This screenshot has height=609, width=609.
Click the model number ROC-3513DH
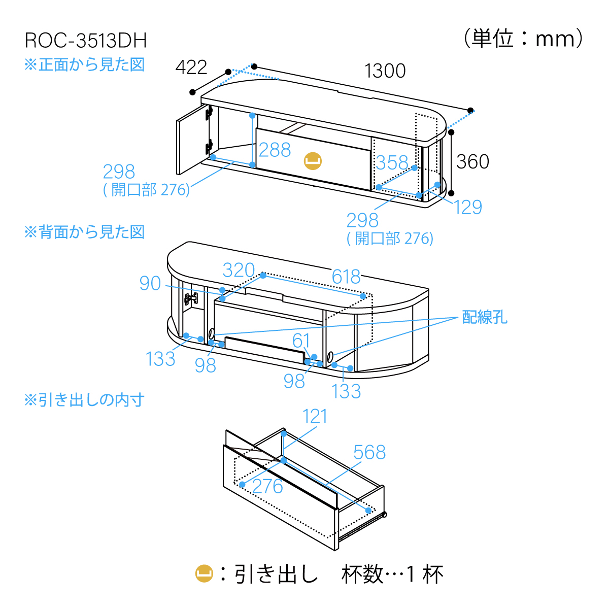tap(86, 41)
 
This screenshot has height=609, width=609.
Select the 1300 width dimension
tap(385, 71)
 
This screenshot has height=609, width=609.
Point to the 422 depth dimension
tap(191, 67)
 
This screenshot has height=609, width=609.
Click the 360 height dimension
tap(472, 162)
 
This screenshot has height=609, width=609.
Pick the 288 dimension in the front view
tap(275, 150)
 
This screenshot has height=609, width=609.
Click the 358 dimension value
tap(392, 163)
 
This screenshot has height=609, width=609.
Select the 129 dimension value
tap(467, 207)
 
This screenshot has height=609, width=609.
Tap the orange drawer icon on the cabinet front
tap(313, 161)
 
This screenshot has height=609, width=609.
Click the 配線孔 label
tap(484, 317)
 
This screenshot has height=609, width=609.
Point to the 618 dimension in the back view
tap(346, 277)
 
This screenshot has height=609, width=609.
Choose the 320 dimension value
tap(239, 270)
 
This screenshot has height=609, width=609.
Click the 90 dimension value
tap(150, 284)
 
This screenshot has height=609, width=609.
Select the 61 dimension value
tap(301, 341)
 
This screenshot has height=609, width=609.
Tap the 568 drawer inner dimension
tap(369, 452)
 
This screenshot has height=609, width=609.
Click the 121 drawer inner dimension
tap(315, 417)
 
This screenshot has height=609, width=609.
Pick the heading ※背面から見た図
tap(85, 232)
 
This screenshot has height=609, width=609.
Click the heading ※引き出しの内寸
tap(85, 400)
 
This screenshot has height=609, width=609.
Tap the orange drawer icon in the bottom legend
tap(204, 574)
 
